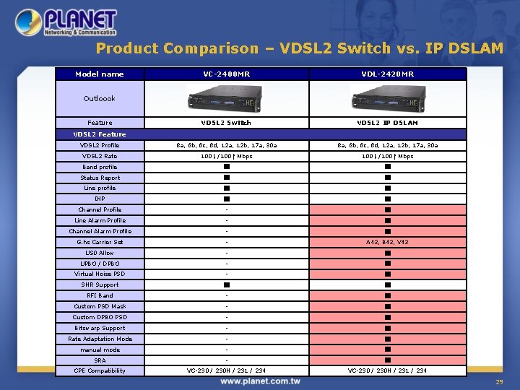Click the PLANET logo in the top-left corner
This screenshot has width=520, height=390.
pos(66,22)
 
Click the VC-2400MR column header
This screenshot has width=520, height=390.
pos(226,74)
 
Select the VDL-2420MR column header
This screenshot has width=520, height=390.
pos(388,74)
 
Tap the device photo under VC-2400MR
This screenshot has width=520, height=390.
pos(225,98)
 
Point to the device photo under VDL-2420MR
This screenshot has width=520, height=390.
pos(388,98)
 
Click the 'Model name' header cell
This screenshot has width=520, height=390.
pos(100,74)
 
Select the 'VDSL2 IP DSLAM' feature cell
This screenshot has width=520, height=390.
pos(388,123)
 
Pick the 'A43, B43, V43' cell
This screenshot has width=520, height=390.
pos(388,242)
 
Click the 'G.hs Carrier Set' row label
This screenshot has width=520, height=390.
pos(100,242)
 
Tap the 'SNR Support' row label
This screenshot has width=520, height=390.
pos(100,285)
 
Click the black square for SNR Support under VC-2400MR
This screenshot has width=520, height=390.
pos(226,285)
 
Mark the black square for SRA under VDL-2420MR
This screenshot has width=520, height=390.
pos(388,360)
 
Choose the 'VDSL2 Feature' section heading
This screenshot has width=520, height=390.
pos(100,134)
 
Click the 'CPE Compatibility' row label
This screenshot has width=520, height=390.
pos(100,370)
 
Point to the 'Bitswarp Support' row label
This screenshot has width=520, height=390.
pos(100,328)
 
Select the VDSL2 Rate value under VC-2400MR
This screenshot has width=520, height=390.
pos(226,156)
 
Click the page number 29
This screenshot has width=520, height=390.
pos(499,381)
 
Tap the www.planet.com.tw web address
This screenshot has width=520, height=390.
pos(261,381)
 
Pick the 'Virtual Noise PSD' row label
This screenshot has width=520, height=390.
pos(100,274)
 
